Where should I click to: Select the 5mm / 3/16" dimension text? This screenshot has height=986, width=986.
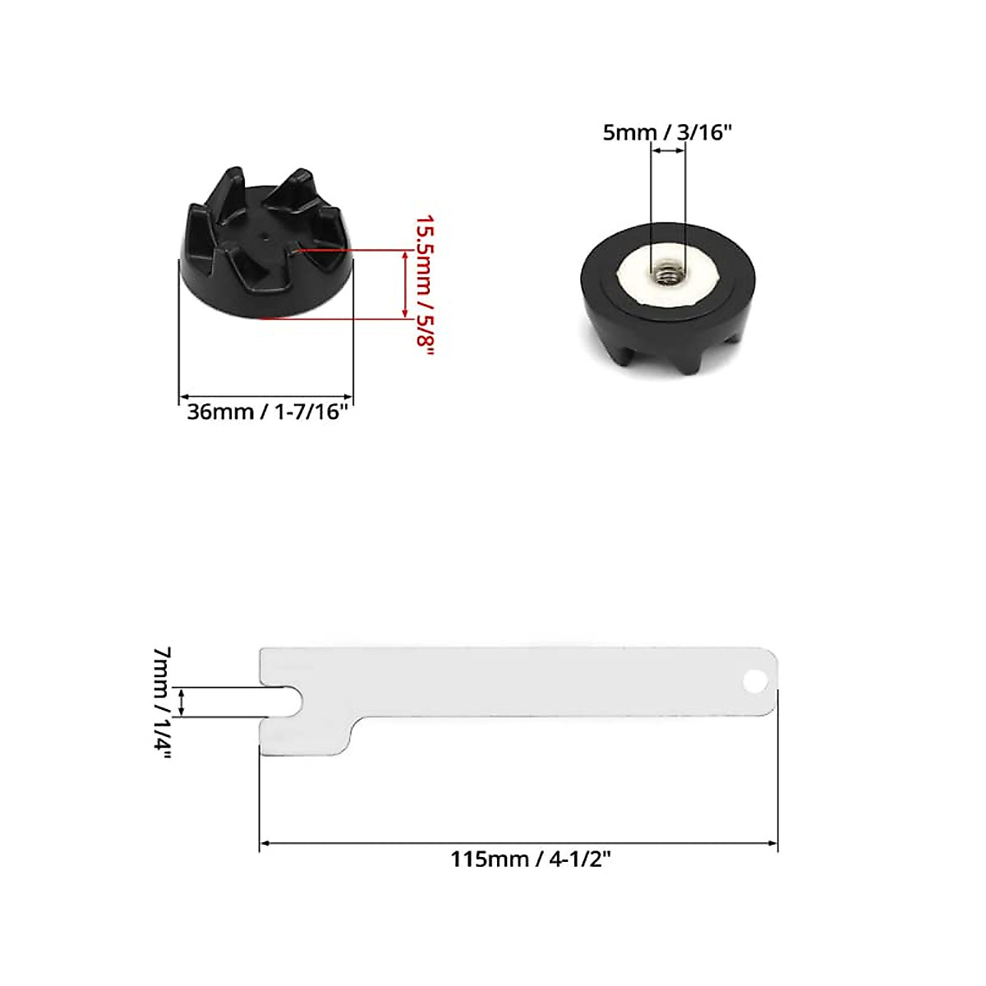tap(666, 132)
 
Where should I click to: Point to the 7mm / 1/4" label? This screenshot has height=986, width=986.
tap(163, 703)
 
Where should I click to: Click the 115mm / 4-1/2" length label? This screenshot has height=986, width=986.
tap(531, 859)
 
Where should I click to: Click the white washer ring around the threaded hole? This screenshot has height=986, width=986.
tap(633, 279)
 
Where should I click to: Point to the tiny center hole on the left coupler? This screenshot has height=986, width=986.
tap(265, 233)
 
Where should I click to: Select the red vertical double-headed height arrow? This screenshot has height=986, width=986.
tap(403, 284)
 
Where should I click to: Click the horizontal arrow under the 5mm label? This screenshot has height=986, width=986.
tap(667, 151)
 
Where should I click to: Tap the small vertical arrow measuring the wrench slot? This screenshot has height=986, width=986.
tap(182, 703)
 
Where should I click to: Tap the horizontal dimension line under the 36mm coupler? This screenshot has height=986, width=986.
tap(266, 396)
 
